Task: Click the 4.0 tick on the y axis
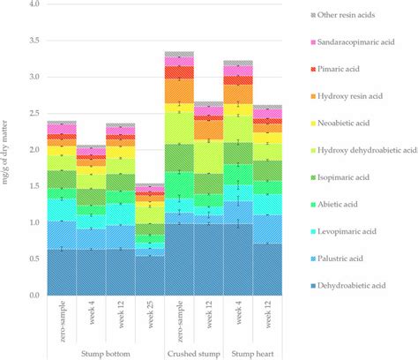click(33, 4)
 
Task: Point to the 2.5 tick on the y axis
click(33, 114)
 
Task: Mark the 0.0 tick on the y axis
click(33, 296)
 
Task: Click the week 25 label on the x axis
click(150, 320)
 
